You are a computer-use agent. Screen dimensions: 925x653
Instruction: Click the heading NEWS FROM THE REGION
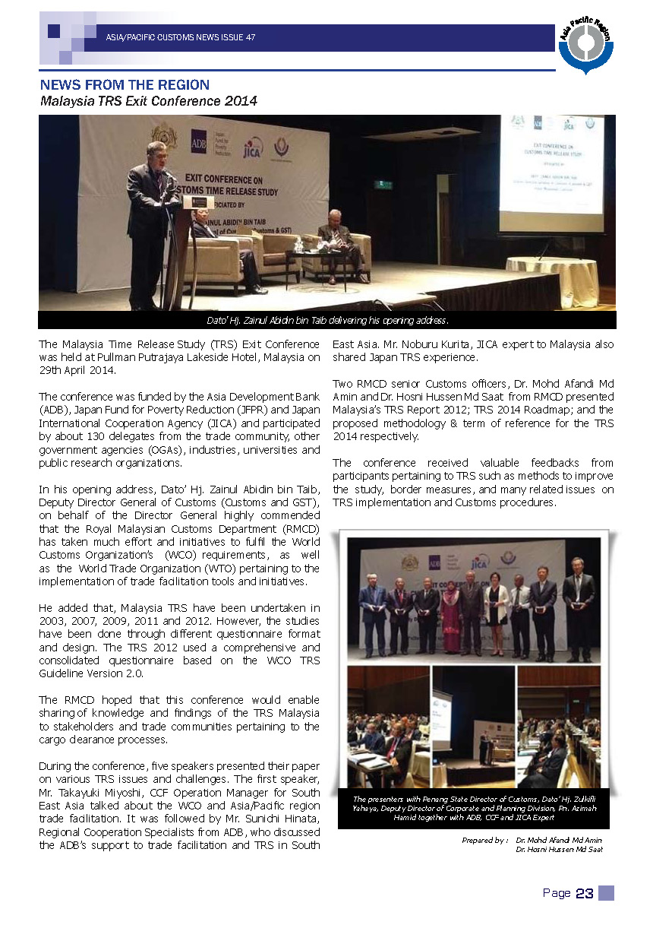(125, 85)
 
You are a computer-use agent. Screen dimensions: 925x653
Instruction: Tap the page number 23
(585, 894)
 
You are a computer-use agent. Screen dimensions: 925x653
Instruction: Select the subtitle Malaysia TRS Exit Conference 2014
(149, 101)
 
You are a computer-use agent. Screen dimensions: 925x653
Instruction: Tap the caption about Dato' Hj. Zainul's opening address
(328, 320)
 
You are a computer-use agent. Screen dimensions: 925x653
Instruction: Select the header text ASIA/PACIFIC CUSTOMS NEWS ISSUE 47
(181, 37)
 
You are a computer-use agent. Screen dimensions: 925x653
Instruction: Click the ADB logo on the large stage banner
(199, 145)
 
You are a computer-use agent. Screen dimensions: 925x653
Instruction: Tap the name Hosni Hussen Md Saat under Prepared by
(560, 849)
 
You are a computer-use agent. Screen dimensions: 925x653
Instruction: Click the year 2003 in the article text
(55, 621)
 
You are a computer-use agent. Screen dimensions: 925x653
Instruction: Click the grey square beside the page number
(606, 893)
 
